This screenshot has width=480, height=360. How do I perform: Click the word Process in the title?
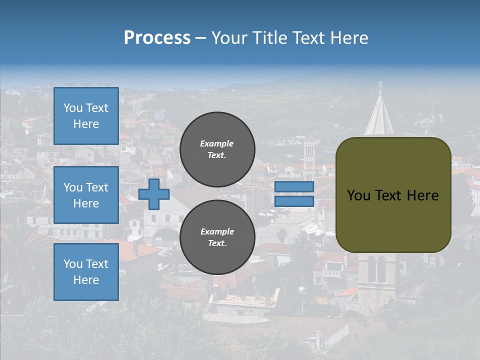[157, 38]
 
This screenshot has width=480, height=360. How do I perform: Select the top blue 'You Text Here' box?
[86, 116]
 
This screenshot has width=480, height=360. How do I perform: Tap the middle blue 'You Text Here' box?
[86, 195]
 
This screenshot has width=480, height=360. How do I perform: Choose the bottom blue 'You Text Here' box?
[86, 271]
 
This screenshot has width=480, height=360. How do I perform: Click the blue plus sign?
[154, 194]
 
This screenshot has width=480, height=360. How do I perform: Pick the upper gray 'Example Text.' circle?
[217, 149]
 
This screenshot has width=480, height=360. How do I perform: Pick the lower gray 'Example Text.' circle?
[217, 237]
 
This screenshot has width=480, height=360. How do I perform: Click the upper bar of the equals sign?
[294, 187]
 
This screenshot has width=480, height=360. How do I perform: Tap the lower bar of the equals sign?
[294, 201]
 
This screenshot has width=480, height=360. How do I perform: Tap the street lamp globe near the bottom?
[301, 289]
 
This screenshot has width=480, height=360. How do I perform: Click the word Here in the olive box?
[423, 195]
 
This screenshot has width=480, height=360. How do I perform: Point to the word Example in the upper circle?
[217, 143]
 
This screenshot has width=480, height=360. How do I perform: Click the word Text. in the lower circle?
[217, 243]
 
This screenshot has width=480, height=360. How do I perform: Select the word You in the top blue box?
[73, 108]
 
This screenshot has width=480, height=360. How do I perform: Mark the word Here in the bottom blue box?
[86, 280]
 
